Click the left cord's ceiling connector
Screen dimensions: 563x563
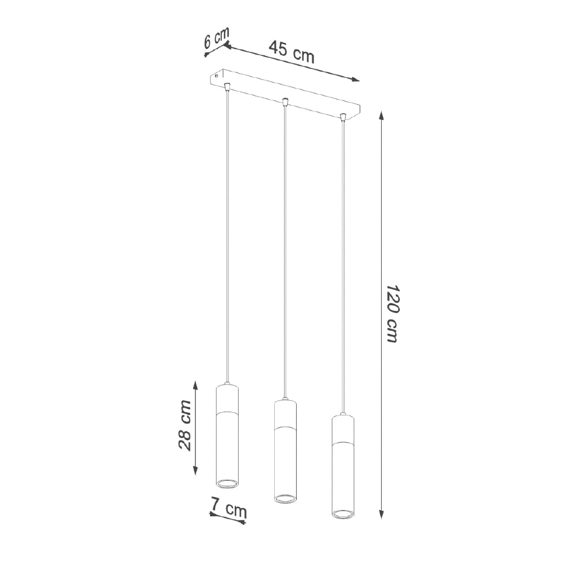[x=226, y=86]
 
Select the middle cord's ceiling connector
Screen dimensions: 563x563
[x=285, y=102]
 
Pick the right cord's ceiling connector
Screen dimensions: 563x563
[x=342, y=118]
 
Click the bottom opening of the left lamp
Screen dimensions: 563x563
[x=227, y=482]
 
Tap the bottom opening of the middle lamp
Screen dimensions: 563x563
[x=285, y=498]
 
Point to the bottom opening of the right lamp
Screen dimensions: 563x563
[x=342, y=513]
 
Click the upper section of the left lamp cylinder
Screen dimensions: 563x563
[x=227, y=399]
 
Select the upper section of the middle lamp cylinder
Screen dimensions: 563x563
[x=285, y=414]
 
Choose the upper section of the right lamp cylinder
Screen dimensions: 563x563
[x=342, y=430]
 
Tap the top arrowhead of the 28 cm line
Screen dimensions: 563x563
[x=195, y=385]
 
